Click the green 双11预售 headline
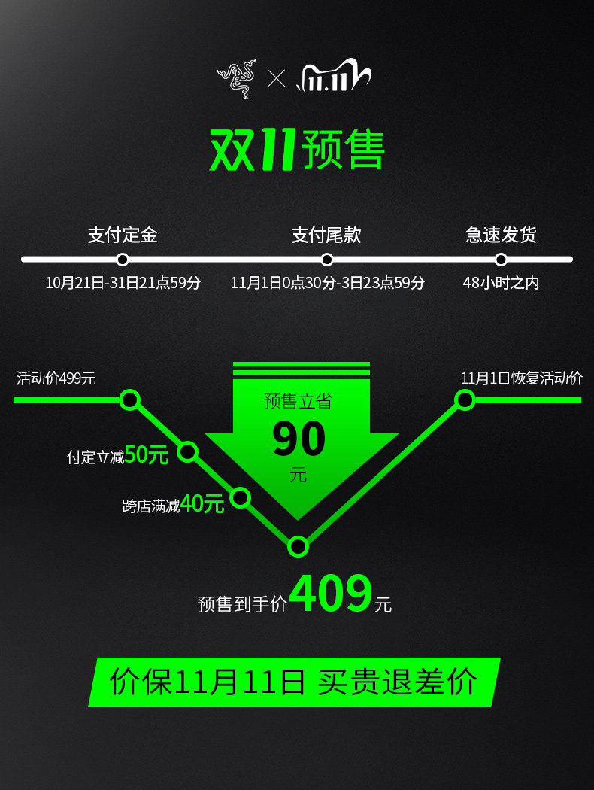point(297,150)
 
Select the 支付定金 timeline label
point(123,235)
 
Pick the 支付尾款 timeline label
point(326,235)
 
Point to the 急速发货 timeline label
point(501,235)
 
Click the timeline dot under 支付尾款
point(326,260)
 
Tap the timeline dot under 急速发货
point(501,260)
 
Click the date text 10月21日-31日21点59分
point(123,284)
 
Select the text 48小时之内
point(501,284)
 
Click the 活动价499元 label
point(56,378)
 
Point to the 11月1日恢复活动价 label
point(522,378)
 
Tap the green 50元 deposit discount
point(147,455)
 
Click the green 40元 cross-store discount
point(202,504)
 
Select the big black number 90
point(299,439)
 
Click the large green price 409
point(331,594)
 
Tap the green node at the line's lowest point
point(299,546)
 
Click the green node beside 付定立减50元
point(187,452)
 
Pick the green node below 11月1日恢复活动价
point(465,400)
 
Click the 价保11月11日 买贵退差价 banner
point(294,682)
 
